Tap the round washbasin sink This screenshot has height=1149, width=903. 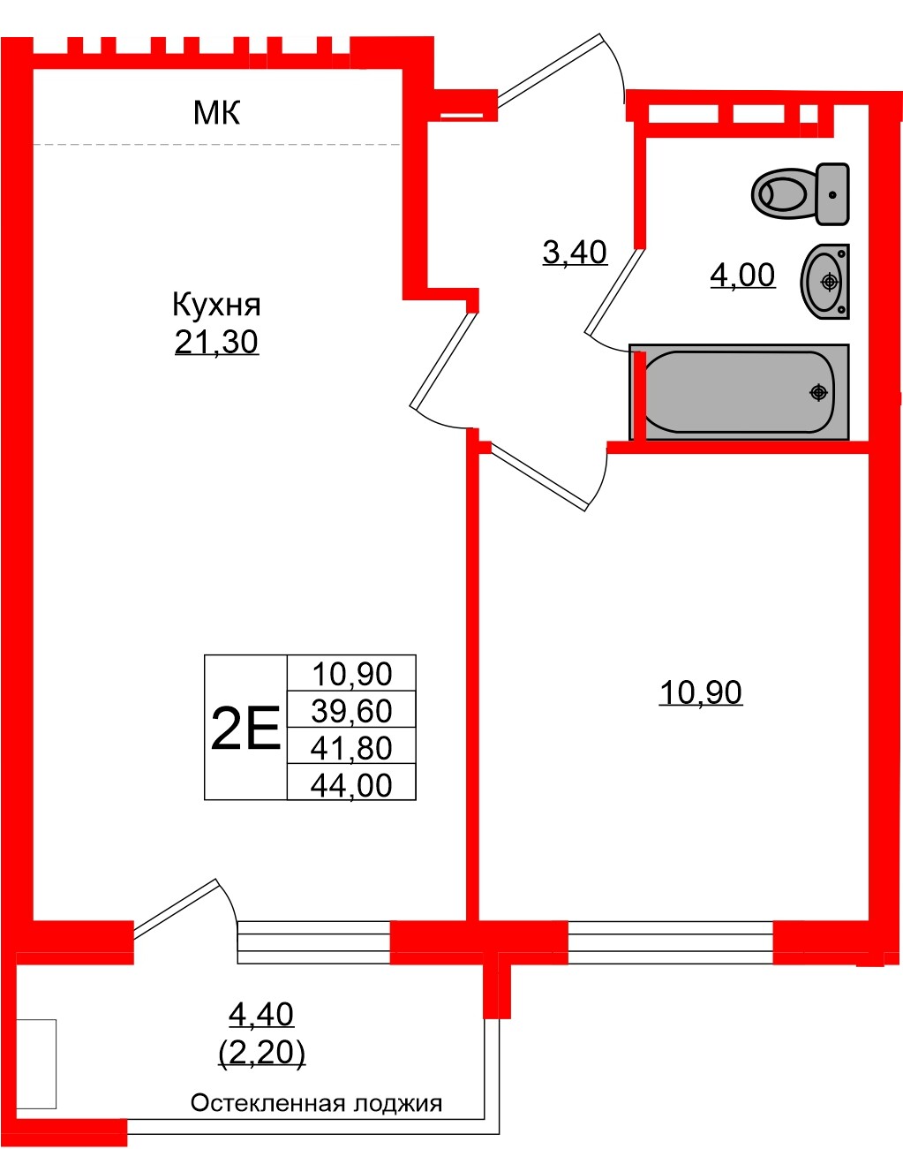click(826, 281)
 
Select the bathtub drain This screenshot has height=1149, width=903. click(819, 391)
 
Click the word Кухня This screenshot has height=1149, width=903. click(216, 305)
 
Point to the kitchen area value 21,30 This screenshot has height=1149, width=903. click(216, 342)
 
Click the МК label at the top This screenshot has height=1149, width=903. click(216, 113)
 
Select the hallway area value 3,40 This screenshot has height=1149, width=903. click(575, 253)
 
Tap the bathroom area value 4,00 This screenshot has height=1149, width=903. click(742, 276)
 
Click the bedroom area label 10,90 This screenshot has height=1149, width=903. click(701, 692)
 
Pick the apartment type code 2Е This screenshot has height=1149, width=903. click(245, 729)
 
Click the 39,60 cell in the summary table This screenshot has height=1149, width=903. click(351, 711)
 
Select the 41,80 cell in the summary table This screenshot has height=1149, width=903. click(351, 748)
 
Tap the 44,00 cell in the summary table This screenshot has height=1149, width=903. click(351, 784)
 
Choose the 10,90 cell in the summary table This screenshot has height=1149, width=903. click(351, 674)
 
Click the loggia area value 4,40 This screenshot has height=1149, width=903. click(261, 1014)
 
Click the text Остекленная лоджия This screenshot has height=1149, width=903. click(316, 1103)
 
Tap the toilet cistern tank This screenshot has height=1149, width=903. click(832, 193)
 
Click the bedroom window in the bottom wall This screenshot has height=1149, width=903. click(670, 941)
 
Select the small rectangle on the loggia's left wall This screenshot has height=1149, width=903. click(37, 1064)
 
